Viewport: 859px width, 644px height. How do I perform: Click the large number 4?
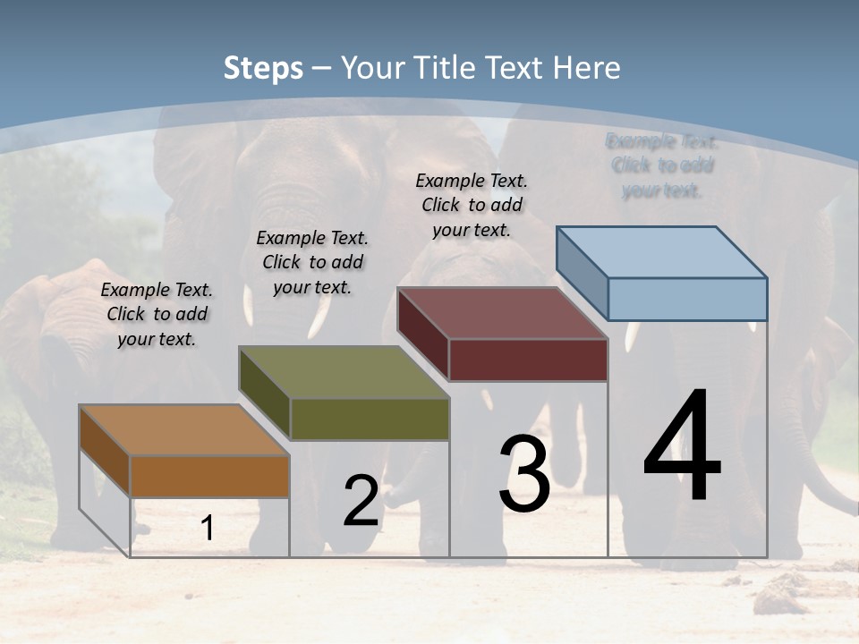click(x=682, y=447)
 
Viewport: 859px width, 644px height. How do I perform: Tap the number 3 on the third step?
click(x=524, y=473)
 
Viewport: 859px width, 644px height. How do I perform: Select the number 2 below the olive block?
click(x=361, y=501)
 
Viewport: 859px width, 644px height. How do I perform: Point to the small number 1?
click(x=207, y=528)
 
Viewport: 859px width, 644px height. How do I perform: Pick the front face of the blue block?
click(x=687, y=299)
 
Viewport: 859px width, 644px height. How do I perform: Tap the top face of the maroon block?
click(x=502, y=312)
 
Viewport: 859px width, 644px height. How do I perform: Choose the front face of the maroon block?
click(x=528, y=360)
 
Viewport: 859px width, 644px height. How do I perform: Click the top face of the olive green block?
click(x=344, y=371)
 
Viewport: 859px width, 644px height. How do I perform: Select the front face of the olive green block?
click(x=370, y=419)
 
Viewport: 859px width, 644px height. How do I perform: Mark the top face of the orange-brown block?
click(x=184, y=429)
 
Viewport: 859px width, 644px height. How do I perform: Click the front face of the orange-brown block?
click(x=210, y=476)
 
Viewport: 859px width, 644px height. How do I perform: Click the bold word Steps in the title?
click(x=263, y=68)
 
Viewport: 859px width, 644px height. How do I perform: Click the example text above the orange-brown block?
click(x=157, y=314)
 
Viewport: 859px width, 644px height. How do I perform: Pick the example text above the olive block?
click(x=312, y=262)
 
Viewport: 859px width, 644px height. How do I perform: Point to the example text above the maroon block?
click(x=472, y=205)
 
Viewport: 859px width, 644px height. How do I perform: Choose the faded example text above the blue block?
click(x=662, y=165)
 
